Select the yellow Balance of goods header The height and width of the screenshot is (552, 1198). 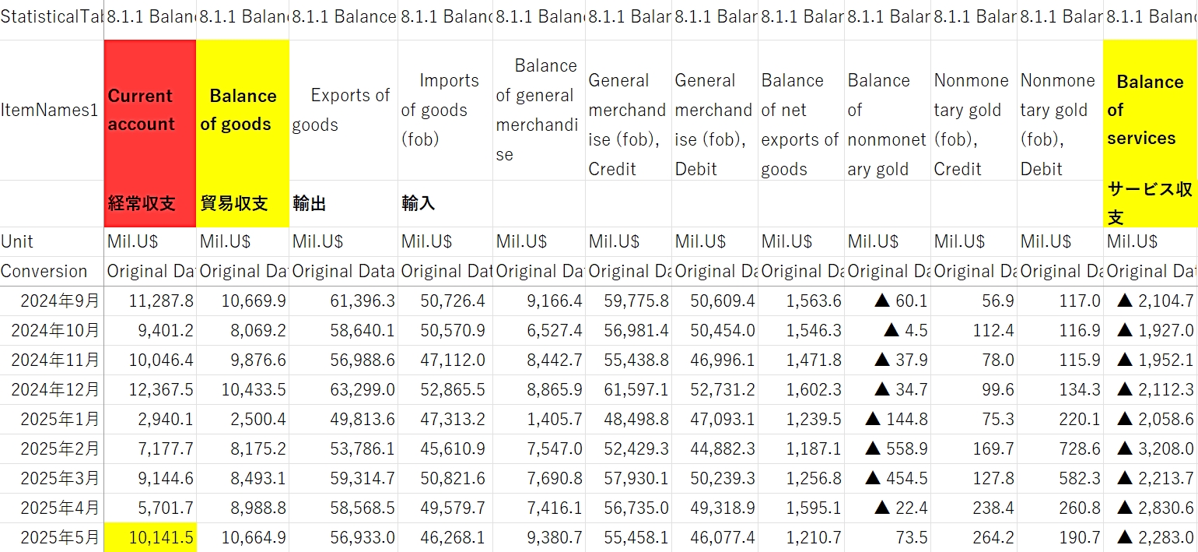point(242,110)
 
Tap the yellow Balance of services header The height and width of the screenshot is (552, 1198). point(1150,110)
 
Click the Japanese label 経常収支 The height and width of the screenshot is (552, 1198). point(142,204)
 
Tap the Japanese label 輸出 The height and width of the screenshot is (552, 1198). point(309,204)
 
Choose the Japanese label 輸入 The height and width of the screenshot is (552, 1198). point(418,204)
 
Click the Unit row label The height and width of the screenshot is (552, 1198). point(17,241)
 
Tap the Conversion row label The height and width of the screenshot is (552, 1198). point(44,272)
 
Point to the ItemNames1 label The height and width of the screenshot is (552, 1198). point(50,111)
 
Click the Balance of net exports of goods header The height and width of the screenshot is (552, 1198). point(800,125)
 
